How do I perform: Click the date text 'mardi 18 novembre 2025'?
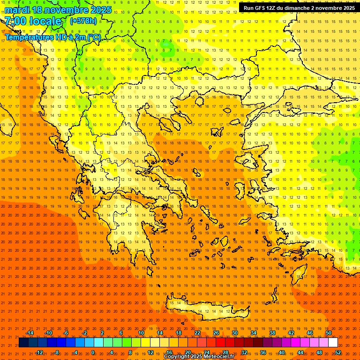(58, 10)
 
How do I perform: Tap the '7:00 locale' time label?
(33, 21)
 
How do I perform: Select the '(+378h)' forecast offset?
(83, 21)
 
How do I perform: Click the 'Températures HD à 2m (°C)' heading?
(53, 37)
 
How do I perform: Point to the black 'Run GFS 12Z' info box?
(299, 8)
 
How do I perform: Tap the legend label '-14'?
(30, 333)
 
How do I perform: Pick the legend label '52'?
(338, 352)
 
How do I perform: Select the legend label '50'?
(329, 333)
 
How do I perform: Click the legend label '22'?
(197, 333)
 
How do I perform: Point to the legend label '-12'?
(39, 352)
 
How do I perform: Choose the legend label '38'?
(272, 333)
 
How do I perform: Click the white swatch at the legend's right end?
(333, 343)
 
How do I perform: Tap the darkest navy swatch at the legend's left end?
(23, 343)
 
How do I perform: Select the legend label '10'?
(141, 333)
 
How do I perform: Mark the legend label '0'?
(93, 352)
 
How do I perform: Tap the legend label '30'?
(235, 333)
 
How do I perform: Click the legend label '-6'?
(66, 333)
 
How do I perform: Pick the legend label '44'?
(300, 352)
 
